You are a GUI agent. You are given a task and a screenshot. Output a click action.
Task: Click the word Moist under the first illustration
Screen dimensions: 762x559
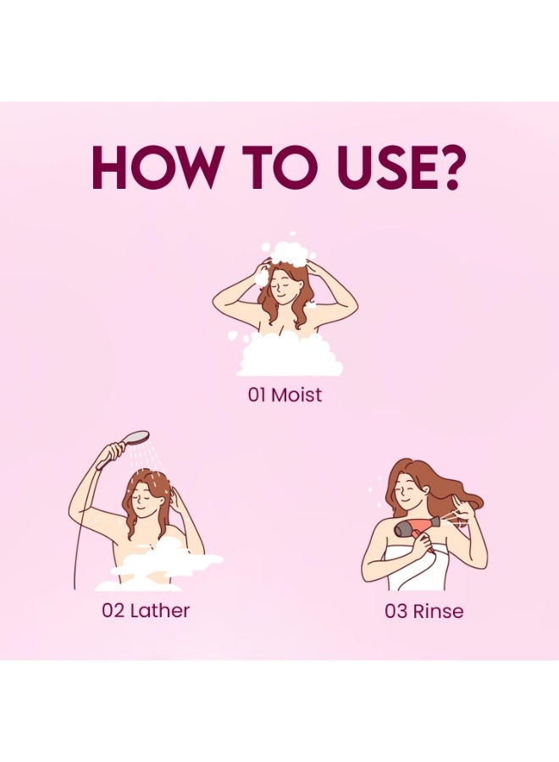(296, 395)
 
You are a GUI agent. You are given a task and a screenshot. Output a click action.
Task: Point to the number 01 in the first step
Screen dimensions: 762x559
(257, 395)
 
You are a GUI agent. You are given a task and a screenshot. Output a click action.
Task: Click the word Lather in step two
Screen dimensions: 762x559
(159, 610)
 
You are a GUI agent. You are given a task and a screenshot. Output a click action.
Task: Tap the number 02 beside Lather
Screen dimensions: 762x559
(113, 610)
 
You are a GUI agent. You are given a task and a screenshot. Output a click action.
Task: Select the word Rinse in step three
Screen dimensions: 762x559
(438, 610)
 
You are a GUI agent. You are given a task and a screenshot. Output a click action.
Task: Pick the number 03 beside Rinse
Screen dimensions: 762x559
(396, 610)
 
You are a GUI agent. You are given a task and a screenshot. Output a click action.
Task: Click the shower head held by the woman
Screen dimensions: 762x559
(135, 439)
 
